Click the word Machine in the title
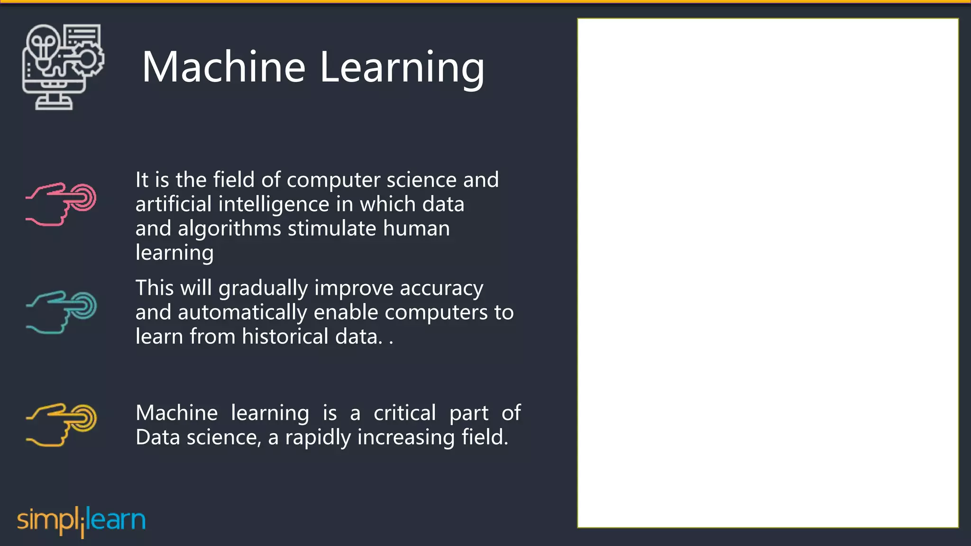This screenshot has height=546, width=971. pyautogui.click(x=223, y=67)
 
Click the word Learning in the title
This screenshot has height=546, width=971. pyautogui.click(x=402, y=67)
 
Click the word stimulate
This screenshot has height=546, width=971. pyautogui.click(x=332, y=228)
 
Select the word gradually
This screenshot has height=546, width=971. pyautogui.click(x=263, y=289)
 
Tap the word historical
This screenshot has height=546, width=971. pyautogui.click(x=285, y=337)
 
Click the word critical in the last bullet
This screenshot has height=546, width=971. pyautogui.click(x=404, y=413)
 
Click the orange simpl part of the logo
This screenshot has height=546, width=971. pyautogui.click(x=47, y=520)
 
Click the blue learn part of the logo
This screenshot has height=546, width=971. pyautogui.click(x=116, y=519)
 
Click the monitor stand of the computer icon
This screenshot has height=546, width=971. pyautogui.click(x=54, y=101)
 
